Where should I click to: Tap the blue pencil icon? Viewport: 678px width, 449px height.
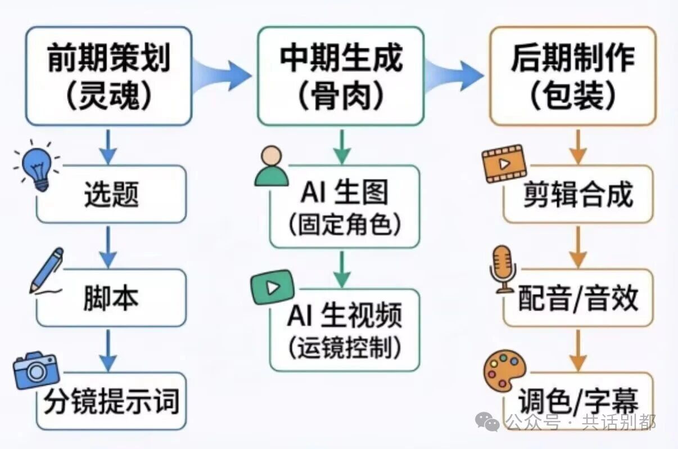(46, 271)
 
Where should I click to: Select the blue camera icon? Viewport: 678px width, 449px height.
(36, 370)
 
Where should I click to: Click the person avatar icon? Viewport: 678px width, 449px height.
(271, 166)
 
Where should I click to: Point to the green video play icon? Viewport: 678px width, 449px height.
(273, 287)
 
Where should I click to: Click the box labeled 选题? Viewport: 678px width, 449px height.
(111, 194)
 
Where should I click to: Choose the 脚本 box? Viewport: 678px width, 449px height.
(111, 298)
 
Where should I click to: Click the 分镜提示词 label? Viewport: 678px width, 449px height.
(111, 401)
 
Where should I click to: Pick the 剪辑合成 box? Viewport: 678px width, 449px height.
(578, 194)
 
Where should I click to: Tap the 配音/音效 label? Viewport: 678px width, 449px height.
(578, 298)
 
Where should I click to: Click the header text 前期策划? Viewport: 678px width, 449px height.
(109, 57)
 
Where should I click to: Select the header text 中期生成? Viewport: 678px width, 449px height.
(341, 57)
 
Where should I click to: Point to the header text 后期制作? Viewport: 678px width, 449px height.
(573, 57)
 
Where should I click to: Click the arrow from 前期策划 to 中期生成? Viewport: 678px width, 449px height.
(222, 76)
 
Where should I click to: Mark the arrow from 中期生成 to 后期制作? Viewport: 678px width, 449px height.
(454, 76)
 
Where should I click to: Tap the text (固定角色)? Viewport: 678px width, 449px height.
(345, 225)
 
